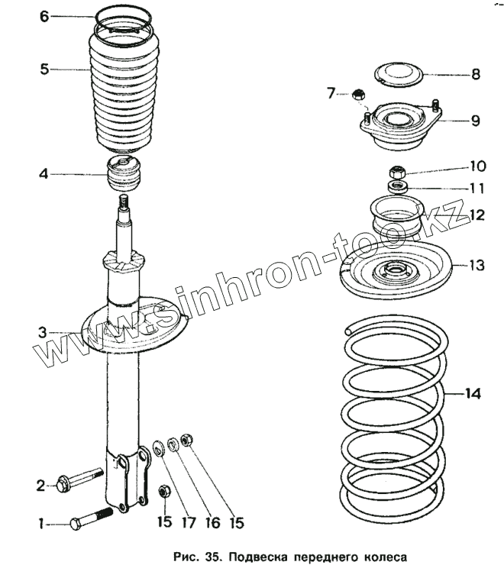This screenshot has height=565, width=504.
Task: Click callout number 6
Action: pyautogui.click(x=44, y=16)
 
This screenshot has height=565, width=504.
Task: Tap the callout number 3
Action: pyautogui.click(x=44, y=332)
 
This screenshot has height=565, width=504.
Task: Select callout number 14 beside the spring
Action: pyautogui.click(x=473, y=394)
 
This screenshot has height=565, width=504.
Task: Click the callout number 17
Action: pyautogui.click(x=186, y=523)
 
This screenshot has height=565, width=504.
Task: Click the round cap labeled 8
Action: pyautogui.click(x=402, y=73)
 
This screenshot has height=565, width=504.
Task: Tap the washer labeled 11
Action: pyautogui.click(x=396, y=186)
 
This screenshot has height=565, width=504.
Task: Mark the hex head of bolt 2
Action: pyautogui.click(x=63, y=483)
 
